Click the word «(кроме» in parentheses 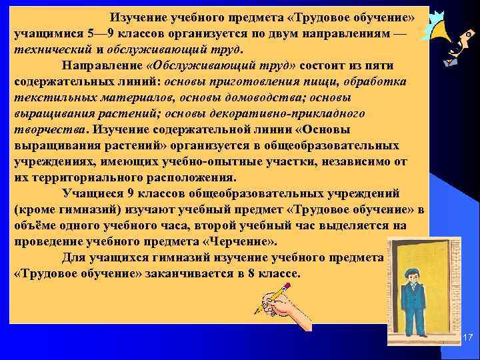[x=33, y=209]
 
